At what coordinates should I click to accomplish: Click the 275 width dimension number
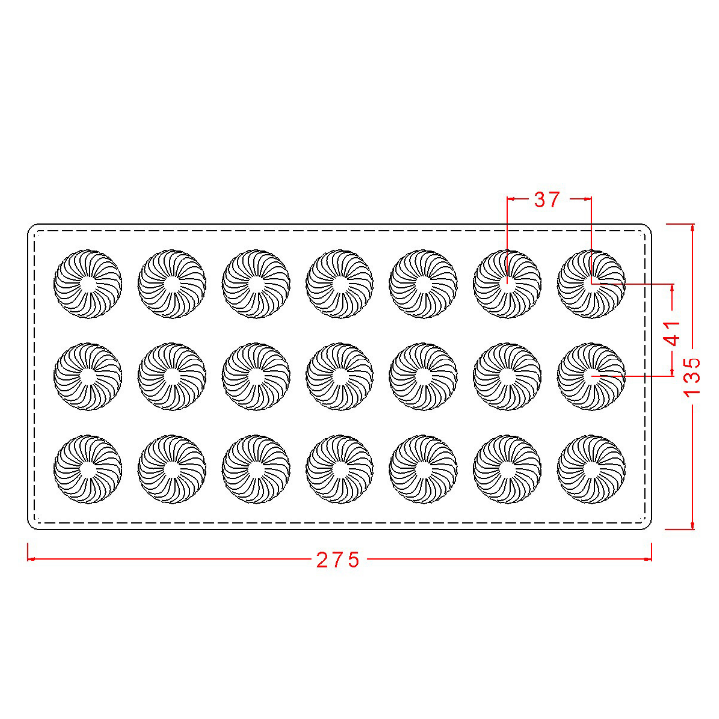pos(338,560)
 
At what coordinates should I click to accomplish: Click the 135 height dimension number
pos(692,376)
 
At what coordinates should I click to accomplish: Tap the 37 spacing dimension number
pos(547,199)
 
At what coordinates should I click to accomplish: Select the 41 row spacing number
pos(672,333)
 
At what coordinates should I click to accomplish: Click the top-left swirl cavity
pos(88,284)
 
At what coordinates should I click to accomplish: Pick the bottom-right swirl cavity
pos(591,469)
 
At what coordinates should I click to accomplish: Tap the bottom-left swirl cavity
pos(88,469)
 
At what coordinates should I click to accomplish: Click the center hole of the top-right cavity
pos(591,284)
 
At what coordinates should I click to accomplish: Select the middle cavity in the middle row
pos(340,376)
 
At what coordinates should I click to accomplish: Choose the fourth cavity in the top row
pos(340,284)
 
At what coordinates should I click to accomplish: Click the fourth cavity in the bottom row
pos(340,469)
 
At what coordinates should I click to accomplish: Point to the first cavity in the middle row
pos(88,376)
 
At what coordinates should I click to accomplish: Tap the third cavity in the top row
pos(256,284)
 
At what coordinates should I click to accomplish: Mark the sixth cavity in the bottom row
pos(507,469)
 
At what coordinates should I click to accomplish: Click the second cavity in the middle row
pos(172,376)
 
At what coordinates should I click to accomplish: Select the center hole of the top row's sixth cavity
pos(507,284)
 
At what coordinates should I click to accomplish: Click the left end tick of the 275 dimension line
pos(28,559)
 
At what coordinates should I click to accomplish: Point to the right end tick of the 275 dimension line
pos(651,559)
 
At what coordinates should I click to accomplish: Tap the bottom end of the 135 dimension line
pos(692,529)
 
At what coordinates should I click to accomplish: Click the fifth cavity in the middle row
pos(423,376)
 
